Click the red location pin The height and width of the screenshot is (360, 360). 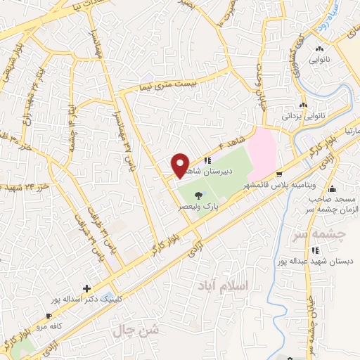click(x=181, y=165)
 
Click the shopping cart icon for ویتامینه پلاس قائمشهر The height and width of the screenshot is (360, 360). click(x=279, y=174)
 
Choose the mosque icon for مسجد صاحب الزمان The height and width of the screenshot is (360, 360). click(x=332, y=190)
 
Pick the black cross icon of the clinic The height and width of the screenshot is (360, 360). click(x=86, y=288)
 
